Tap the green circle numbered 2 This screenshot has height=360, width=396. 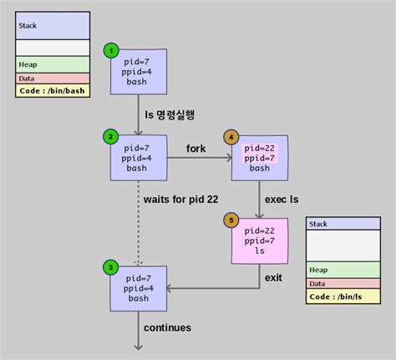pos(109,136)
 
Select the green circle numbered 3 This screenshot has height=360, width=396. pos(109,267)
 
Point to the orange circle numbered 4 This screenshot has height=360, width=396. pos(231,136)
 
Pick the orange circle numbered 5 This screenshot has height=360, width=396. pos(231,221)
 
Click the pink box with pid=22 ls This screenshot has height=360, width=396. pos(260,241)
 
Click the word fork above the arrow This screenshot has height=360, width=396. pos(197,148)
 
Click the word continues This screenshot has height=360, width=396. pos(167,327)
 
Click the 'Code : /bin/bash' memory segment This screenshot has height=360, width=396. pos(51,90)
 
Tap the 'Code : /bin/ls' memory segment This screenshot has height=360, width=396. pos(345,296)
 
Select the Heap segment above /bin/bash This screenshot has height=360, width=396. pos(51,64)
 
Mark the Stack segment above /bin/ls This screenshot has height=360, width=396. pos(345,224)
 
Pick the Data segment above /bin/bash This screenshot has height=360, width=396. pos(51,78)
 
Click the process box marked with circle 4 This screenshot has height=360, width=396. pos(260,157)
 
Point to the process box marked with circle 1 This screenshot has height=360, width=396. pos(138,72)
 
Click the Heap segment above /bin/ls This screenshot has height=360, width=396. pos(345,270)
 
